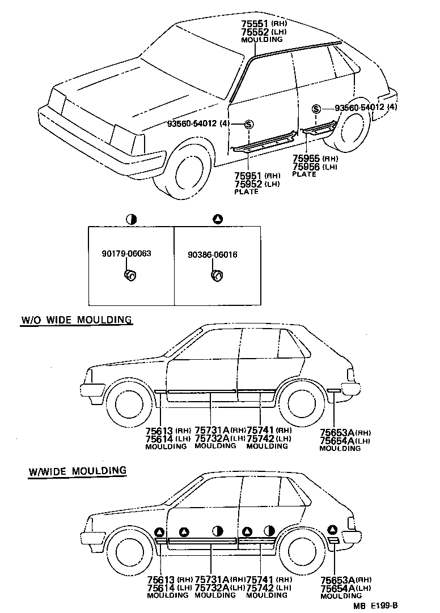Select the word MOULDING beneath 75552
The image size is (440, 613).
pyautogui.click(x=261, y=40)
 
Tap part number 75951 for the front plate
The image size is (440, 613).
pyautogui.click(x=247, y=176)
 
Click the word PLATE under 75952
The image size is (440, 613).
pyautogui.click(x=246, y=191)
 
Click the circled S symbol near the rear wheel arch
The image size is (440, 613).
pyautogui.click(x=316, y=108)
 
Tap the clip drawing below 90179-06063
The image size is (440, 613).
pyautogui.click(x=130, y=276)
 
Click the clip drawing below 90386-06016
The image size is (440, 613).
pyautogui.click(x=216, y=276)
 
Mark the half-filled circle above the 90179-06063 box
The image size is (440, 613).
pyautogui.click(x=131, y=218)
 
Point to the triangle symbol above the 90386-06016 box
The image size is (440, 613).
pyautogui.click(x=217, y=218)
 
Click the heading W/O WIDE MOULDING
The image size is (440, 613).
pyautogui.click(x=77, y=320)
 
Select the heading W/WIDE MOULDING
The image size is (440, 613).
pyautogui.click(x=77, y=471)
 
